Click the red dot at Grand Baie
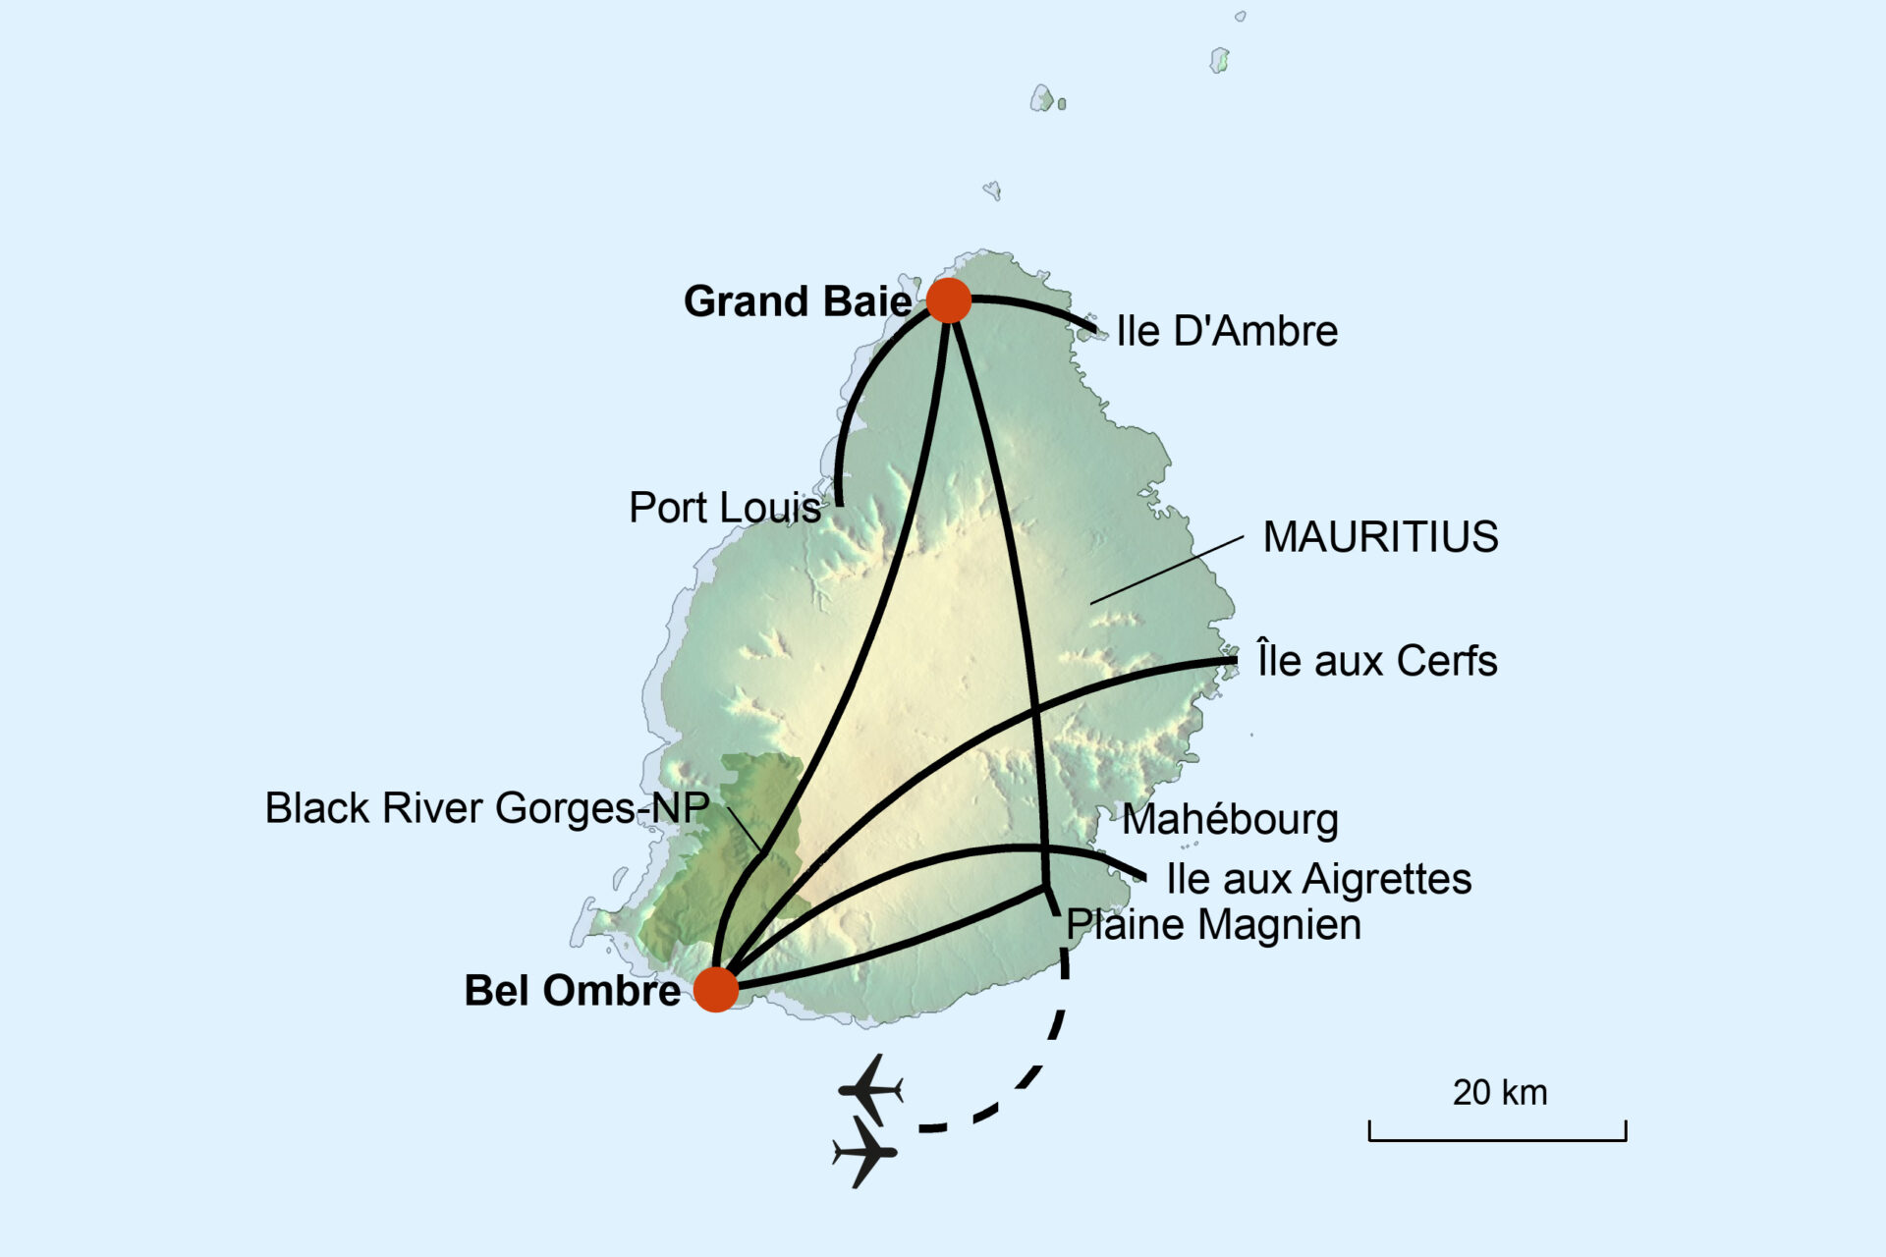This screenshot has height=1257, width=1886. click(949, 300)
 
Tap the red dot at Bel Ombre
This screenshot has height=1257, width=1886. click(716, 989)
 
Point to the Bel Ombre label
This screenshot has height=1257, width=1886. click(572, 991)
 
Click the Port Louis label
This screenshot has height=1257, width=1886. click(725, 508)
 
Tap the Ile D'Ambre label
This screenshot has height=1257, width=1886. click(1227, 332)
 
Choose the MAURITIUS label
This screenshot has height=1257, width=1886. click(1380, 537)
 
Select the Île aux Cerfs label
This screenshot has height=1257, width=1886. click(1377, 661)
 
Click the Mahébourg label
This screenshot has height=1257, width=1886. click(1230, 820)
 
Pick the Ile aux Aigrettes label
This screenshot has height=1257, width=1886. click(1318, 879)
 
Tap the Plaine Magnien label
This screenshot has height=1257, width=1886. click(1214, 925)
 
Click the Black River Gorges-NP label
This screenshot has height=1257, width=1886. click(487, 808)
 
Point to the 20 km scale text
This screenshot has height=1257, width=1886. click(1500, 1093)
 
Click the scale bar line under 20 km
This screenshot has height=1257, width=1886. click(1497, 1139)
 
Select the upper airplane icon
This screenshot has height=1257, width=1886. click(870, 1089)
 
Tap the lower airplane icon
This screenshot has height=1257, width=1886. click(865, 1152)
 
